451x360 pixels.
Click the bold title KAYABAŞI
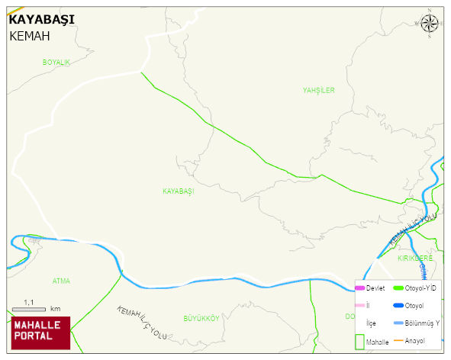click(x=41, y=20)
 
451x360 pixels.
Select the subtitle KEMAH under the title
click(x=29, y=35)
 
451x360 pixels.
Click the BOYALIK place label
click(x=56, y=62)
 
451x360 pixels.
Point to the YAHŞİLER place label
click(x=318, y=90)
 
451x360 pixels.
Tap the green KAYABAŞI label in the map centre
click(x=178, y=191)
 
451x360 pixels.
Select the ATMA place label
click(x=61, y=281)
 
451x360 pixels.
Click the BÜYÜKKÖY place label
click(x=201, y=317)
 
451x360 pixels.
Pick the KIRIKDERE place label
click(x=415, y=259)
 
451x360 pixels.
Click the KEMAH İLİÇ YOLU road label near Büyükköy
click(x=141, y=323)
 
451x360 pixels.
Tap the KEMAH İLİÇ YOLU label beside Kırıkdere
click(x=412, y=229)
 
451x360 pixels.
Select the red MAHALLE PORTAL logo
click(x=39, y=332)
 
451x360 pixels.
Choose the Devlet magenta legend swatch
click(x=359, y=288)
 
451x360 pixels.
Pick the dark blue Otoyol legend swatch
click(x=398, y=306)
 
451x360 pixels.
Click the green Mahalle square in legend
click(x=359, y=341)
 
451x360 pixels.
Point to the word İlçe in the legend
click(x=371, y=323)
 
